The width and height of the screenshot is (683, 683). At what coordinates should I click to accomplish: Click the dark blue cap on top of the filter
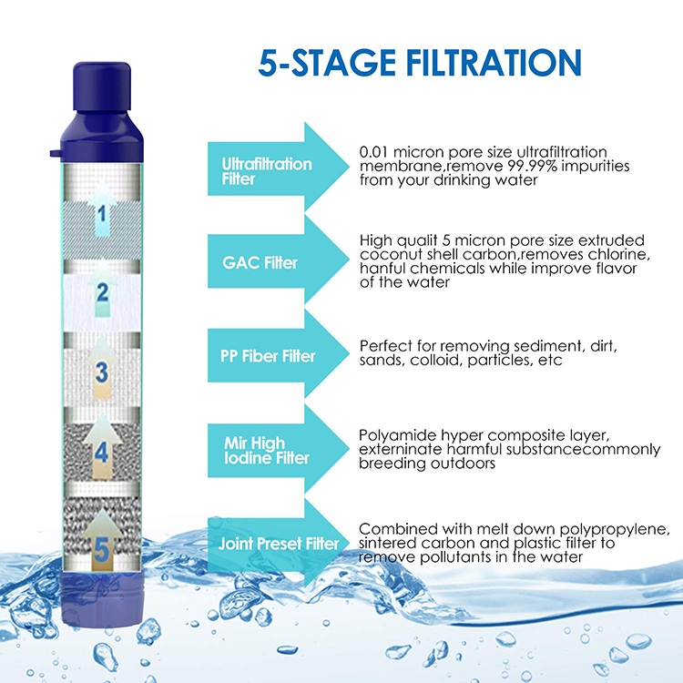point(102,87)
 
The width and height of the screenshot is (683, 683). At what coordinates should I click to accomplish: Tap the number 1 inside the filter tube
point(102,213)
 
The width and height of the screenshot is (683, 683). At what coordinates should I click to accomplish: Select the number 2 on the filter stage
point(103,291)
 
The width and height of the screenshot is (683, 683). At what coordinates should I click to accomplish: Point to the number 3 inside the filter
point(102,372)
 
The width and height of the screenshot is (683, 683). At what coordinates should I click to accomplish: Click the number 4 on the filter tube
point(101,453)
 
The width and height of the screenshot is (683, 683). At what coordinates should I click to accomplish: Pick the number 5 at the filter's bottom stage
point(101,550)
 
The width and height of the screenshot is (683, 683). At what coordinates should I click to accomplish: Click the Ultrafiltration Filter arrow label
point(267,171)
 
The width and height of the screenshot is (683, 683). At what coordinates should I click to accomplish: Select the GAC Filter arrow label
point(260,262)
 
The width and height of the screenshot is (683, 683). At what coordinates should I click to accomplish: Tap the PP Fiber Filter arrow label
point(268,356)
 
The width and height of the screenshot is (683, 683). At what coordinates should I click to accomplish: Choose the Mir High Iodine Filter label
point(267,451)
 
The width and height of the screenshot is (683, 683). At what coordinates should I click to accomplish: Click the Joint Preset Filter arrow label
point(279,544)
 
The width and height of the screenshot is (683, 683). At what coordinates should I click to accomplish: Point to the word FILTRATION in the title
point(494,63)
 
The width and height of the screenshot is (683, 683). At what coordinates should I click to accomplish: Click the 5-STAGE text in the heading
point(327,63)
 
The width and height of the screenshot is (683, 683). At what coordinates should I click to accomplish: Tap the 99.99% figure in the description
point(533,166)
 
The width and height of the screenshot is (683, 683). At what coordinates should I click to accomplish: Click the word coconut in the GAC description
point(385,254)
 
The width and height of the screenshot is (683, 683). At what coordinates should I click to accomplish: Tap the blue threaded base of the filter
point(102,599)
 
